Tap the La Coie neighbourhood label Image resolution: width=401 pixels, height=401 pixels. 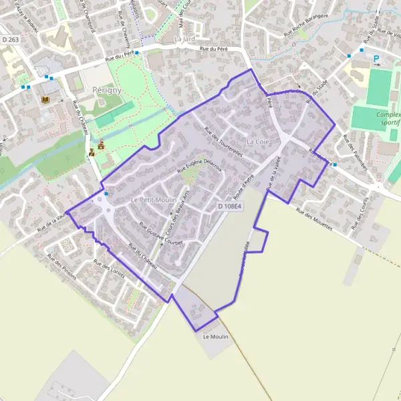(259, 142)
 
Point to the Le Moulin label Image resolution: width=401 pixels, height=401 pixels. (215, 337)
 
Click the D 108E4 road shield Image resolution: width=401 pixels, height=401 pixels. (229, 207)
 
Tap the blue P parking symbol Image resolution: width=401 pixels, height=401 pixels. (376, 58)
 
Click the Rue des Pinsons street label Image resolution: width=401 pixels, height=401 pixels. (61, 267)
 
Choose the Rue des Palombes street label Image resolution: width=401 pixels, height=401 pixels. (355, 152)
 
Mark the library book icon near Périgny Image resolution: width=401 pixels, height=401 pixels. (46, 100)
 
